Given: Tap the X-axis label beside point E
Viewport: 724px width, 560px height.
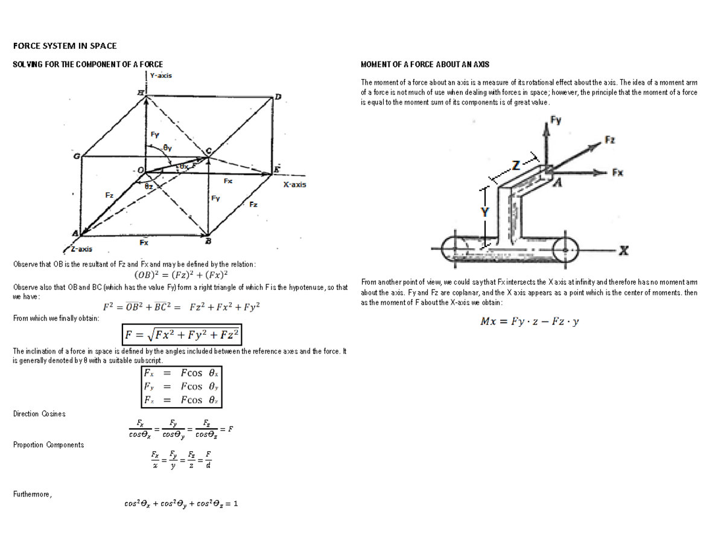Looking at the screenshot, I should click(294, 184).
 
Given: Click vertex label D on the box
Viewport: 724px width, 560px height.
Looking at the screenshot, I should click(278, 97).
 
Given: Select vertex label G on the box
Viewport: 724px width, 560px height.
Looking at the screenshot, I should click(76, 157).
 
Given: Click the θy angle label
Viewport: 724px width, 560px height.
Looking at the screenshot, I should click(168, 147).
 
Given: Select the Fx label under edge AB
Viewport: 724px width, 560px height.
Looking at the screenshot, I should click(144, 243).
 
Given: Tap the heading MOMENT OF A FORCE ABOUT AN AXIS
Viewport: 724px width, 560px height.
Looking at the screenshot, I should click(424, 64).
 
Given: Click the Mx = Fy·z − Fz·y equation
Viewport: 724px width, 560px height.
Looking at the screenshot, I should click(529, 321).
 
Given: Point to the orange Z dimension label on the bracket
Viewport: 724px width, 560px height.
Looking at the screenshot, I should click(516, 165).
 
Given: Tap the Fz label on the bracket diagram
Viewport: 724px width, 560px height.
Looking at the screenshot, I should click(610, 140).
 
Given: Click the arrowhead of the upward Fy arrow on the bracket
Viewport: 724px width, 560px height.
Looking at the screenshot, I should click(546, 129).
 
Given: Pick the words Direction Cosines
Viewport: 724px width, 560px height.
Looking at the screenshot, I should click(39, 414).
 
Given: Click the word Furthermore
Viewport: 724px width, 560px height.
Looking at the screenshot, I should click(33, 494).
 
